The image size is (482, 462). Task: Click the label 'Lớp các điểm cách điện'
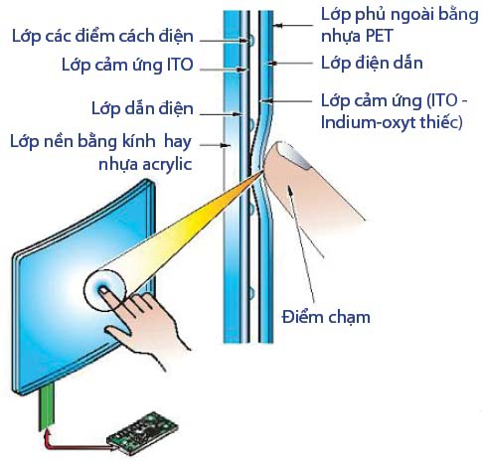(102, 37)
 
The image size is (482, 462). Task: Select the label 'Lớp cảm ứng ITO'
(127, 65)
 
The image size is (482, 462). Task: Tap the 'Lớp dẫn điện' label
(142, 108)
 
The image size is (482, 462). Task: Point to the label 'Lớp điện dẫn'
(372, 63)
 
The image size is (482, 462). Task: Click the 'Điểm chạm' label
(326, 317)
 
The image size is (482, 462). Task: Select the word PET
(378, 36)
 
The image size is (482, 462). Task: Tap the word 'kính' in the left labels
(138, 141)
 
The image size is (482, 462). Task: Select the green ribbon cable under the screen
(47, 407)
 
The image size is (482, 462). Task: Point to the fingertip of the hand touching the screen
(103, 290)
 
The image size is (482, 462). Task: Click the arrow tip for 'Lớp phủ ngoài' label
(275, 25)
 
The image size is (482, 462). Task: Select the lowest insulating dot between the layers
(251, 293)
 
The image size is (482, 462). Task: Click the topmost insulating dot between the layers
(251, 41)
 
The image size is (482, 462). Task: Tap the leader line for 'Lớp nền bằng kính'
(216, 145)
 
